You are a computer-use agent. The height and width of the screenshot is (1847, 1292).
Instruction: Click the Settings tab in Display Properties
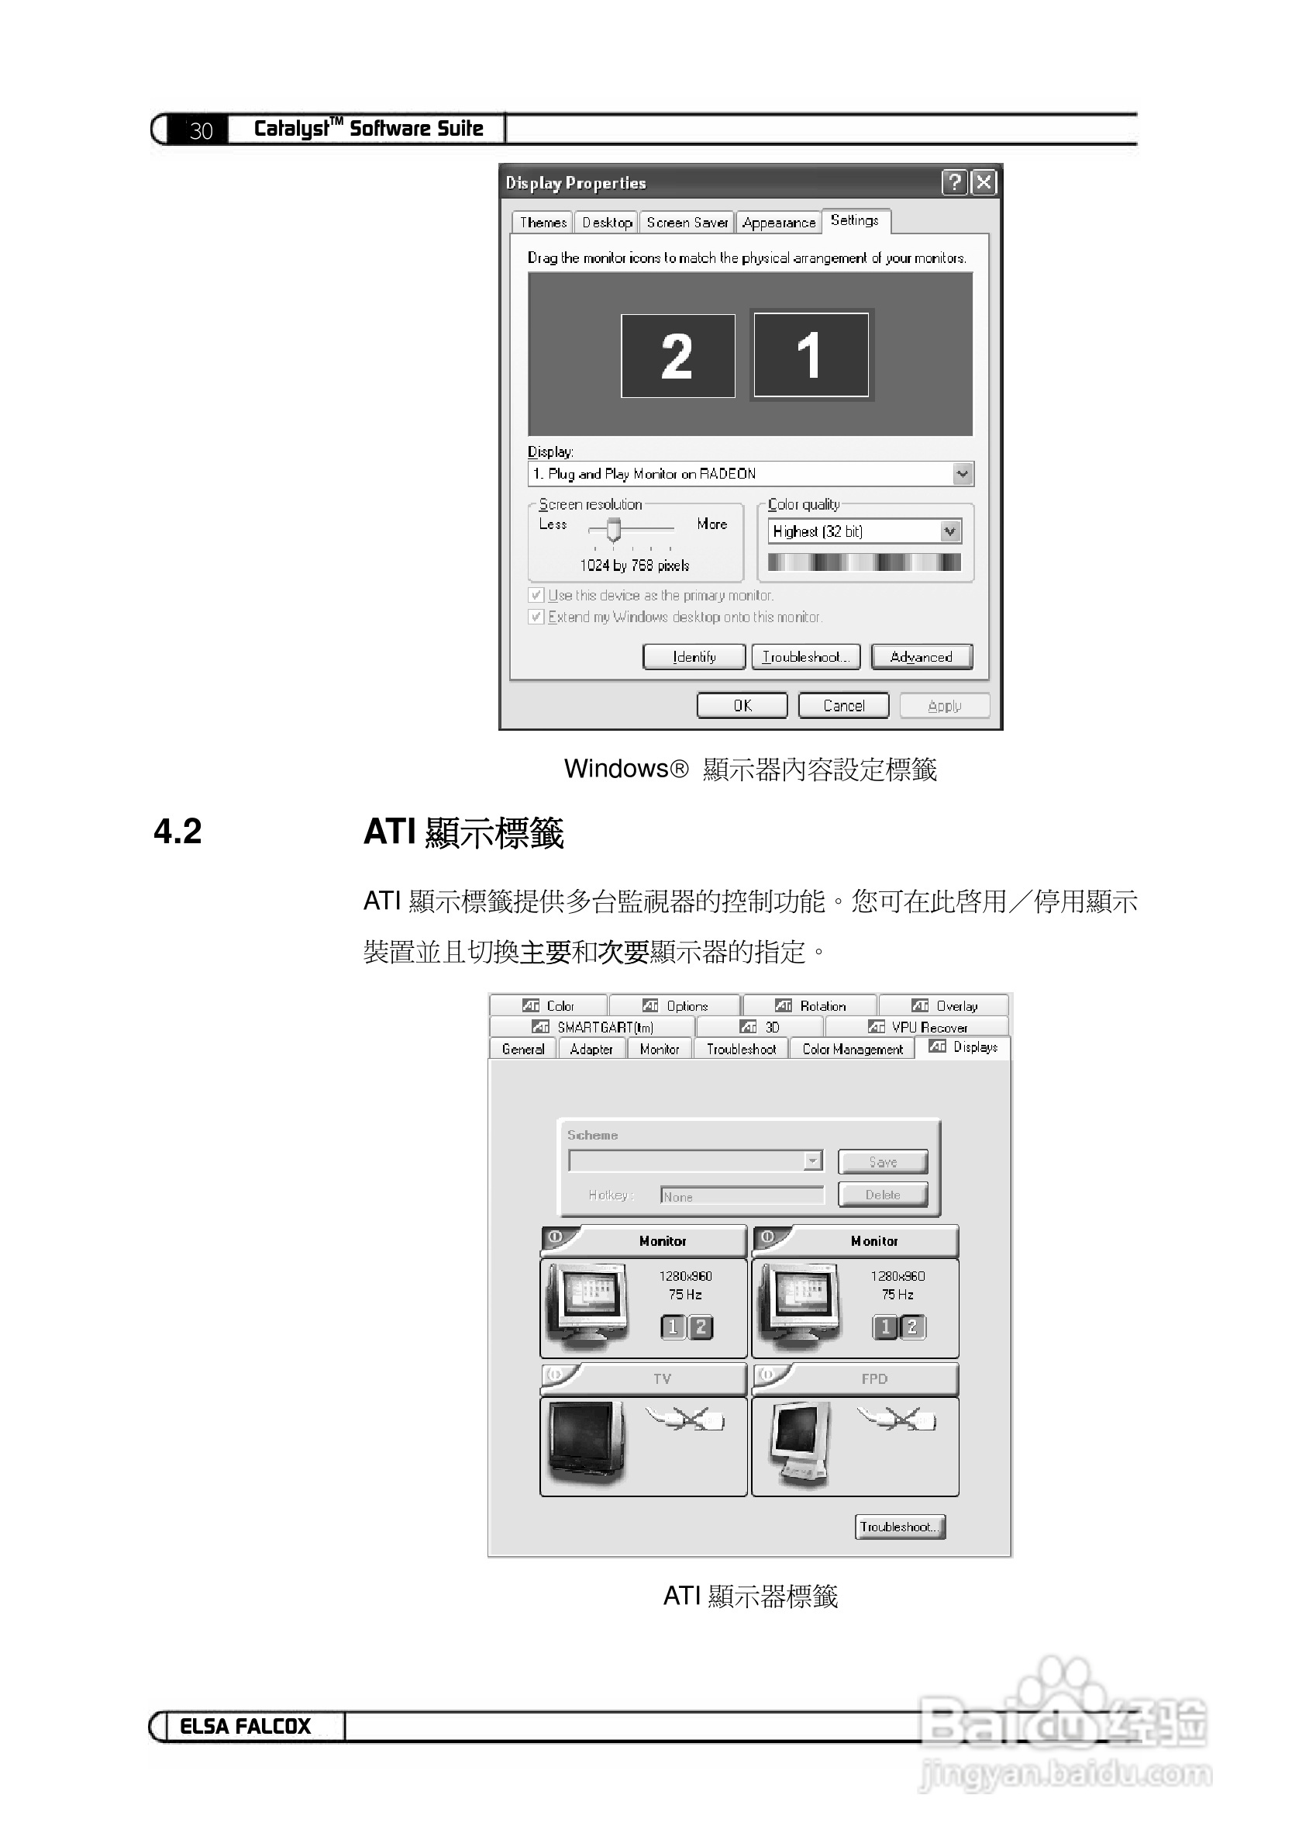(854, 220)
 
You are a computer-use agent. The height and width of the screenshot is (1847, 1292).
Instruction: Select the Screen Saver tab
(687, 223)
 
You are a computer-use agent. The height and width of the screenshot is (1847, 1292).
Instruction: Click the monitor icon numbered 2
(677, 355)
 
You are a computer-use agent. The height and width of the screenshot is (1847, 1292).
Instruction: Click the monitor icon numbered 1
(811, 355)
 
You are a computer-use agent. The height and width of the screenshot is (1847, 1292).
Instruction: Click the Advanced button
(921, 657)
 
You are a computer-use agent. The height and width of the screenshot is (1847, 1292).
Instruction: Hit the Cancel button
(843, 705)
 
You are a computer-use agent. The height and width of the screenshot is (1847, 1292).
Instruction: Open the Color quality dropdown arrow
(949, 531)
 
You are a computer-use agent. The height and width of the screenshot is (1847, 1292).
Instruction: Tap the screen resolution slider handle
(613, 529)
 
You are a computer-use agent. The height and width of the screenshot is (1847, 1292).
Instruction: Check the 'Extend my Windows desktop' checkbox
(536, 617)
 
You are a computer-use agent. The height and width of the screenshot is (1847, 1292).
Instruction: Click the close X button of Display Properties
(984, 182)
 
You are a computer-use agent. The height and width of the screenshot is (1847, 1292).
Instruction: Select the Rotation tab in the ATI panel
(811, 1005)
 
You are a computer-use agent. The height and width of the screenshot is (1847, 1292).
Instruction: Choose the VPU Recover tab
(918, 1027)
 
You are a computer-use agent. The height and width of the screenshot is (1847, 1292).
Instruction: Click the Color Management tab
(853, 1049)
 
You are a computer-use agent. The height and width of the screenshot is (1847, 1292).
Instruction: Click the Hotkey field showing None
(742, 1196)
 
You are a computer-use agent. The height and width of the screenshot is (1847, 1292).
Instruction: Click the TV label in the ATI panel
(662, 1378)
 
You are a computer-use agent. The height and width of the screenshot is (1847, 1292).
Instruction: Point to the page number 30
(201, 130)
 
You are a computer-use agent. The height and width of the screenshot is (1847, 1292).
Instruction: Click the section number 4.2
(177, 831)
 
